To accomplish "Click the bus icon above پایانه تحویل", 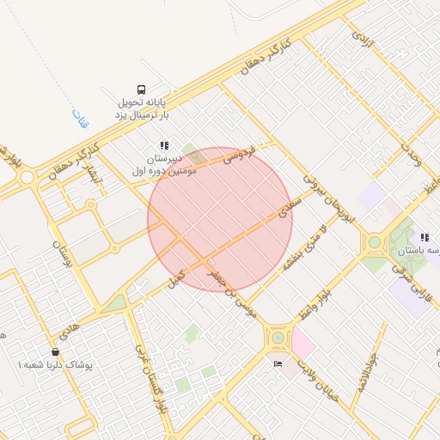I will [141, 89].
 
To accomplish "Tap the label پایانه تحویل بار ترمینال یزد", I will [144, 108].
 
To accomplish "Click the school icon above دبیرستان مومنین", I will [164, 145].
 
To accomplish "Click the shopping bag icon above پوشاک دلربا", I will [56, 351].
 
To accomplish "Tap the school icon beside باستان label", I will [425, 237].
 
